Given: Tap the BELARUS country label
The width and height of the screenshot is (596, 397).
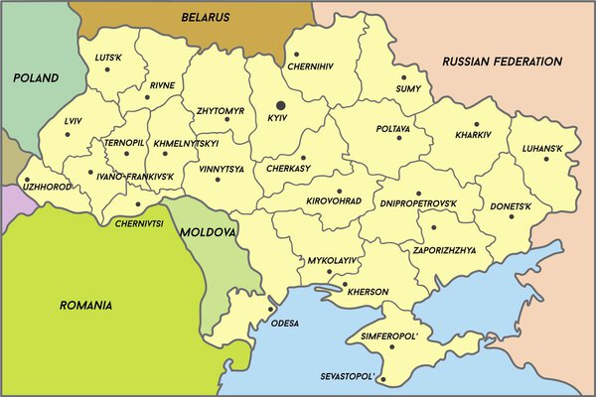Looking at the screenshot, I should [207, 17].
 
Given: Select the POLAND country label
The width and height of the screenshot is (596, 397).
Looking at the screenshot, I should [35, 77].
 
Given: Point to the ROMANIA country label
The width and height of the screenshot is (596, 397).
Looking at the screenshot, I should [85, 305].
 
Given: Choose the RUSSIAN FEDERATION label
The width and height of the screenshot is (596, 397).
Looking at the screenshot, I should [503, 62].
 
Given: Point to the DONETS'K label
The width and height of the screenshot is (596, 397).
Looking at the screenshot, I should [512, 206].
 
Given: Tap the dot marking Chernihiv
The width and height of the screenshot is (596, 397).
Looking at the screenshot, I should [296, 55].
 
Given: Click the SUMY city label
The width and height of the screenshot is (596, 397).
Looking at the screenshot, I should [409, 88].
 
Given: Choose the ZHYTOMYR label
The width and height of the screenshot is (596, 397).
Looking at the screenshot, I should [220, 111].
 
